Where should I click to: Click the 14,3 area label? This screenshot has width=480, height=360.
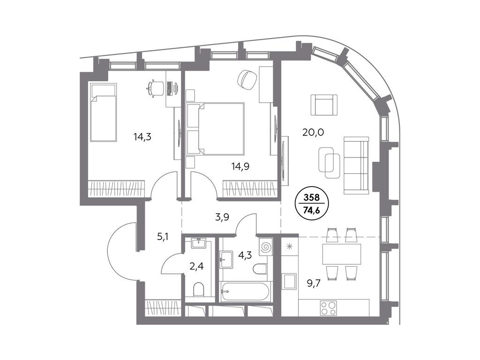(142, 137)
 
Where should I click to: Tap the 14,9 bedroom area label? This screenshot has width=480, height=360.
(240, 166)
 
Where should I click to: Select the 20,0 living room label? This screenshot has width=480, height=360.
(313, 132)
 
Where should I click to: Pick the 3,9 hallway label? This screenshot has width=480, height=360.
(222, 217)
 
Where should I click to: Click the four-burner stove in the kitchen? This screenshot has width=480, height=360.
(329, 308)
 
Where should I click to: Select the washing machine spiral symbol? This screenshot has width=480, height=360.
(265, 247)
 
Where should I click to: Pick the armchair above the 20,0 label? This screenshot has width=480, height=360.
(324, 105)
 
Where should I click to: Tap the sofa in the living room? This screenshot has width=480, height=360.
(356, 165)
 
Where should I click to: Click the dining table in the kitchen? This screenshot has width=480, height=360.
(342, 254)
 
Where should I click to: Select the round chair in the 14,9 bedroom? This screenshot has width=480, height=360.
(247, 80)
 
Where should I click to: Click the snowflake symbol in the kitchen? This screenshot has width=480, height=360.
(289, 246)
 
